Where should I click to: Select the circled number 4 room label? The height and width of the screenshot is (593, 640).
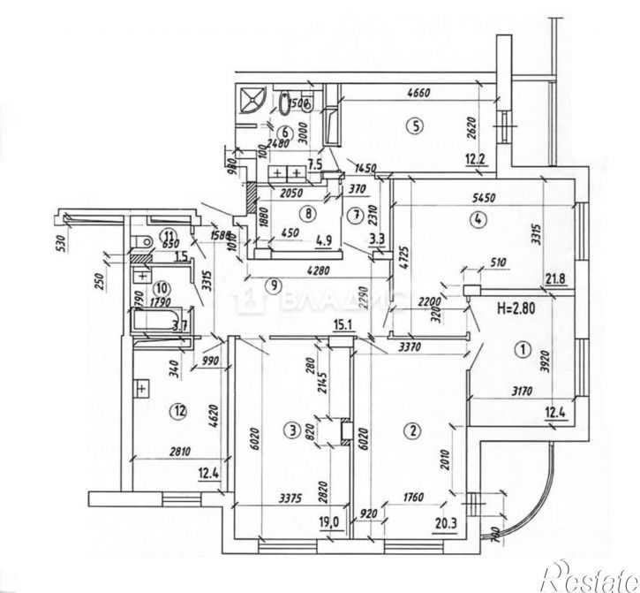click(x=477, y=220)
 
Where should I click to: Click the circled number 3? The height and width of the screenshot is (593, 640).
click(x=290, y=430)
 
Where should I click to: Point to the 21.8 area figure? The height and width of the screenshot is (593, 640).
click(x=555, y=281)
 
